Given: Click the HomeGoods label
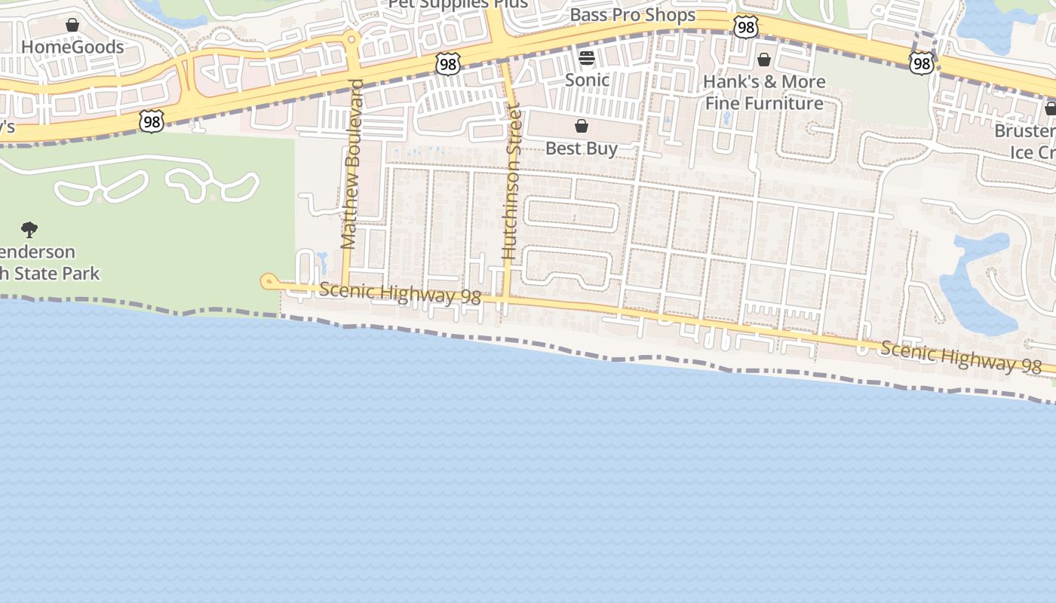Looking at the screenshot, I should (x=72, y=47).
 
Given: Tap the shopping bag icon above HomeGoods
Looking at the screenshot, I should (x=72, y=26).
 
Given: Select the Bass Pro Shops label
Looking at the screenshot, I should (x=632, y=15).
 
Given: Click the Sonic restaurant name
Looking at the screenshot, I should (x=587, y=79).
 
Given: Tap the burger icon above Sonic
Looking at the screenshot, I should (x=587, y=57).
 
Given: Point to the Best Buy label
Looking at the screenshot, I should (x=582, y=148).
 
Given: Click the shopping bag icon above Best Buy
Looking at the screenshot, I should (x=582, y=126).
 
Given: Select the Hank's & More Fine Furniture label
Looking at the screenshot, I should (x=764, y=92).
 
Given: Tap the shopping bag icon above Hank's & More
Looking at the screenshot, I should (x=764, y=60).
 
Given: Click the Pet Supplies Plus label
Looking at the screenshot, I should (x=458, y=4).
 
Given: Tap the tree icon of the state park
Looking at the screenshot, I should (x=29, y=229).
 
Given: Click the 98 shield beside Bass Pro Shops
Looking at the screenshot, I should (x=745, y=28).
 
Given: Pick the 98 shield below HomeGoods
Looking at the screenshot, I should (x=152, y=121).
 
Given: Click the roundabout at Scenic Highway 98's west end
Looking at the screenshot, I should (x=268, y=282).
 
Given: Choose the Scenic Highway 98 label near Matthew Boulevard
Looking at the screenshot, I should (x=400, y=294).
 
